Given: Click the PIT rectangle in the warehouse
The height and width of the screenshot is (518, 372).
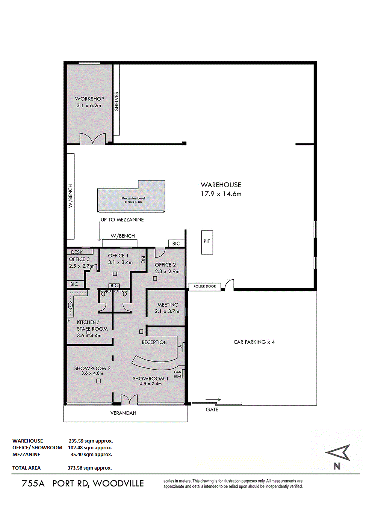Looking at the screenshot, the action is pyautogui.click(x=207, y=242).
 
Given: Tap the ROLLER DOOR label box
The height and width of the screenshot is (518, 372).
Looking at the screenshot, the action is pyautogui.click(x=205, y=286).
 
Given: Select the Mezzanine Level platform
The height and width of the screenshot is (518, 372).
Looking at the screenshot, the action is pyautogui.click(x=131, y=196).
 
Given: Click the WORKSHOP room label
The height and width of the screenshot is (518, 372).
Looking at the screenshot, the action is pyautogui.click(x=89, y=99).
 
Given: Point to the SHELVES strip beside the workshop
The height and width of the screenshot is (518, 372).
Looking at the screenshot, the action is pyautogui.click(x=116, y=100).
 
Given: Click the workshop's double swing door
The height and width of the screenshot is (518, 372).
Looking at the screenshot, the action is pyautogui.click(x=93, y=139).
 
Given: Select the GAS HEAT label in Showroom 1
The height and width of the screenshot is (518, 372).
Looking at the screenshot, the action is pyautogui.click(x=177, y=374).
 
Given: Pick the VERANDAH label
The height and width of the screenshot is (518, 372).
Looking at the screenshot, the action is pyautogui.click(x=123, y=413).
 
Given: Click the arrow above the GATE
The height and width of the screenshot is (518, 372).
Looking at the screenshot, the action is pyautogui.click(x=213, y=400).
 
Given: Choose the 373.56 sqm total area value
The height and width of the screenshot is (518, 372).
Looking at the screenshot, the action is pyautogui.click(x=90, y=468).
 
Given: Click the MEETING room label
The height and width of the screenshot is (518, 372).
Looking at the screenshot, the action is pyautogui.click(x=168, y=305).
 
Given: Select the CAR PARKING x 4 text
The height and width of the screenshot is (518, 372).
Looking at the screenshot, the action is pyautogui.click(x=254, y=342).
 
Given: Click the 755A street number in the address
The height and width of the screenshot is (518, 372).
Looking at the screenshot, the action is pyautogui.click(x=33, y=483).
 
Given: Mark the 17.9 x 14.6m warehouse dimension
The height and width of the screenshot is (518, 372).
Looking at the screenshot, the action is pyautogui.click(x=221, y=194).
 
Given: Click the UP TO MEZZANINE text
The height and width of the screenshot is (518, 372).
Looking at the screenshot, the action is pyautogui.click(x=122, y=220).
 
